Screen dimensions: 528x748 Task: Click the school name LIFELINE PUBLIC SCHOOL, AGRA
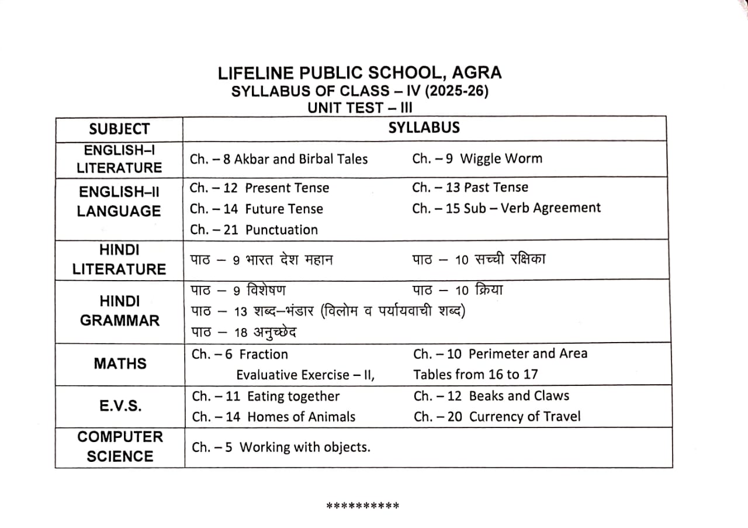359,74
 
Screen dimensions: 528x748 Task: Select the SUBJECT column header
119,129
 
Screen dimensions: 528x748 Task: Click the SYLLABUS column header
424,127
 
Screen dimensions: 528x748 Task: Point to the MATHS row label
120,364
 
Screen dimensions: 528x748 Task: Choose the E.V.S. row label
119,406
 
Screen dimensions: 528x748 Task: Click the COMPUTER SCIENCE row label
120,447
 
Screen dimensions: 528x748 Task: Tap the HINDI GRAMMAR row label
119,310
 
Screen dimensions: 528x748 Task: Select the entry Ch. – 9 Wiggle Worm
477,158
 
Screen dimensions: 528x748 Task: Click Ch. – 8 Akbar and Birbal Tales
279,159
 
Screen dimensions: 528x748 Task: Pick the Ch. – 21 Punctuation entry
254,230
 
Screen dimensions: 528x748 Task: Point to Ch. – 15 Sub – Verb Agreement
506,208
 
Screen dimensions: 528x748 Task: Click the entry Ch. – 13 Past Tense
470,188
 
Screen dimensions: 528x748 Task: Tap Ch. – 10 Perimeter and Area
500,354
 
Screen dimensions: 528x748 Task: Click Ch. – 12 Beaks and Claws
491,396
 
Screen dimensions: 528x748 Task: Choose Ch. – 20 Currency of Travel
497,417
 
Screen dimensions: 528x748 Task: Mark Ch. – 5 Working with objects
281,447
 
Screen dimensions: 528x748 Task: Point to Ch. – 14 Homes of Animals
273,417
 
